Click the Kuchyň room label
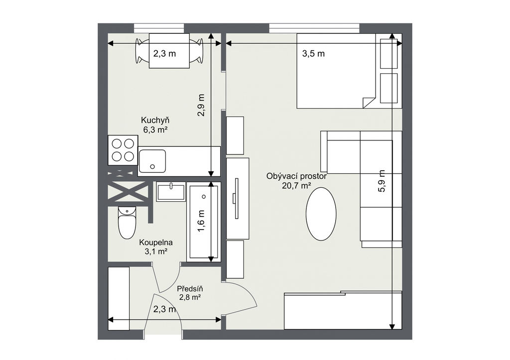pos(155,120)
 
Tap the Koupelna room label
pos(156,242)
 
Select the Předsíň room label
pos(190,288)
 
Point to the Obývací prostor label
pos(296,177)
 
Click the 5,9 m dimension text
pos(382,181)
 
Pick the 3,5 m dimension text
pos(314,54)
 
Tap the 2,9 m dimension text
pos(201,106)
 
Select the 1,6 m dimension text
pos(201,221)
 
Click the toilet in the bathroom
pos(127,223)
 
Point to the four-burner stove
pos(123,150)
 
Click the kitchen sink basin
pos(152,161)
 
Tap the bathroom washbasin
pos(171,192)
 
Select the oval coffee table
pos(321,214)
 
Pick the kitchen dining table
pos(169,51)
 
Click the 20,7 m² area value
pos(296,186)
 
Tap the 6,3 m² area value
pos(155,130)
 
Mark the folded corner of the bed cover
pos(369,102)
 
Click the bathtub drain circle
pos(204,197)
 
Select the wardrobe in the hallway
pos(119,299)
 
